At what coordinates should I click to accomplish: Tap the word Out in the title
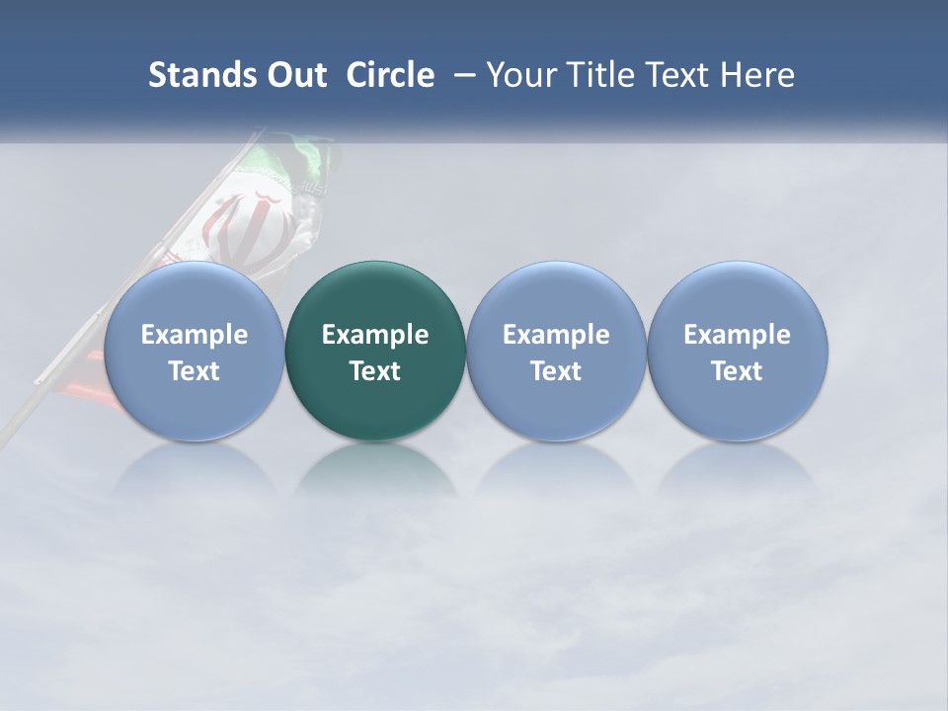coord(294,75)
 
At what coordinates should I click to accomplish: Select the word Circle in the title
coord(390,75)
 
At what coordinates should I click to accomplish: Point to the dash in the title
coord(462,76)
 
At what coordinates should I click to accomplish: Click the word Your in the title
coord(521,75)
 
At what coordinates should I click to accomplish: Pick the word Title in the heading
coord(597,75)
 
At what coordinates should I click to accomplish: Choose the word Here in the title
coord(755,75)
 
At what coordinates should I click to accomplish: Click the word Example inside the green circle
coord(375,335)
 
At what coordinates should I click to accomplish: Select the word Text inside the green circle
coord(375,371)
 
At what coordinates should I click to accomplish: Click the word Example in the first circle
coord(195,335)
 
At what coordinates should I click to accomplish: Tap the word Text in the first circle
coord(195,371)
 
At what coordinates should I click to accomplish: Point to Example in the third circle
coord(556,335)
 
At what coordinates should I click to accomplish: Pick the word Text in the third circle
coord(556,371)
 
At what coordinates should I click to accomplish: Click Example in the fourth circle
coord(737,335)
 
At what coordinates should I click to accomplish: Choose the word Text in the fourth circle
coord(737,371)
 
